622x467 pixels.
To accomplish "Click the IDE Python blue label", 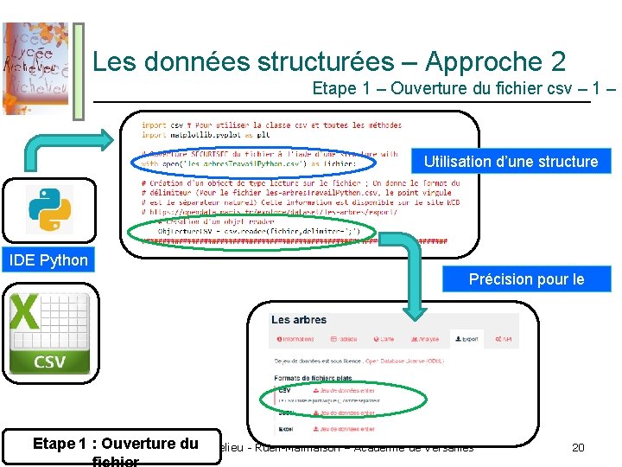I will (48, 260).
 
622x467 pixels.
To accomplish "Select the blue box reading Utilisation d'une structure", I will (510, 161).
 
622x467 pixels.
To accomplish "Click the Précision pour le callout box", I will (526, 278).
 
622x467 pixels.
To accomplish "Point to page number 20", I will (579, 447).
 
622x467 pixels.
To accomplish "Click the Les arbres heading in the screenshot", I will (299, 320).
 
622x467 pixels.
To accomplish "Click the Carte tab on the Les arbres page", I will (384, 339).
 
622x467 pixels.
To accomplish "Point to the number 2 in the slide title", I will (557, 61).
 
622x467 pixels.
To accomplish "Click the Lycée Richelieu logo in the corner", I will (35, 67).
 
